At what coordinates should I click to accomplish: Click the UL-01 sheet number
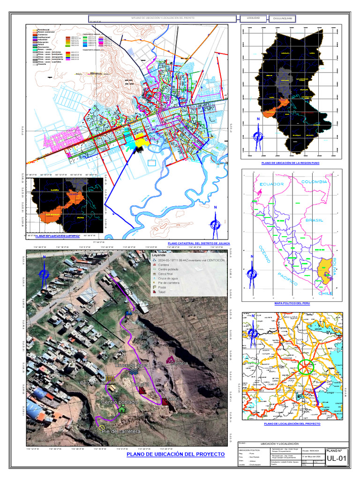[337, 459]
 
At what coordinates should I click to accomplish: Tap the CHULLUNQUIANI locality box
[283, 18]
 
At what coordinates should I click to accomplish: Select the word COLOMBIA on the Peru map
[315, 181]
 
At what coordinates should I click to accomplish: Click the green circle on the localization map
[306, 367]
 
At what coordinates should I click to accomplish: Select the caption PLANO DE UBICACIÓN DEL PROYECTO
[172, 455]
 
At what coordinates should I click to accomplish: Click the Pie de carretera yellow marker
[102, 427]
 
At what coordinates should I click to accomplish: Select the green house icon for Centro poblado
[122, 409]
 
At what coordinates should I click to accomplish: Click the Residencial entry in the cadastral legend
[43, 29]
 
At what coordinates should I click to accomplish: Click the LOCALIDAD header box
[250, 18]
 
